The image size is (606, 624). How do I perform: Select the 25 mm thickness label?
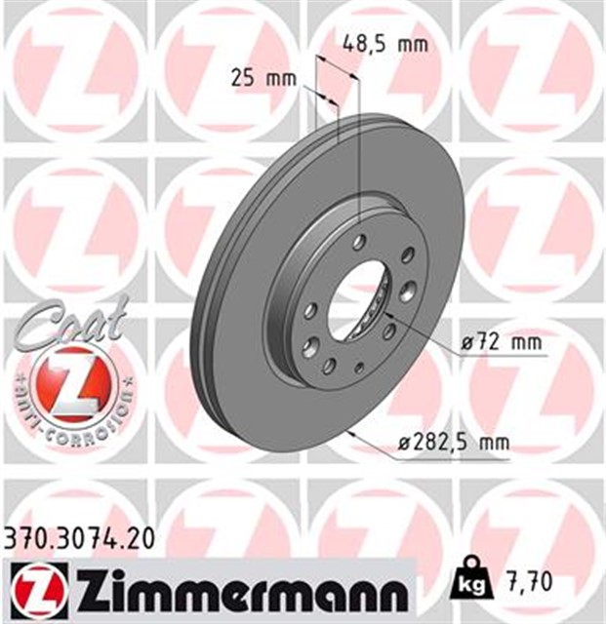coord(263,78)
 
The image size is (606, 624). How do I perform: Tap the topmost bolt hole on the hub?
coord(359,241)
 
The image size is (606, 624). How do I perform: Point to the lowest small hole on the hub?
coord(358,369)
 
